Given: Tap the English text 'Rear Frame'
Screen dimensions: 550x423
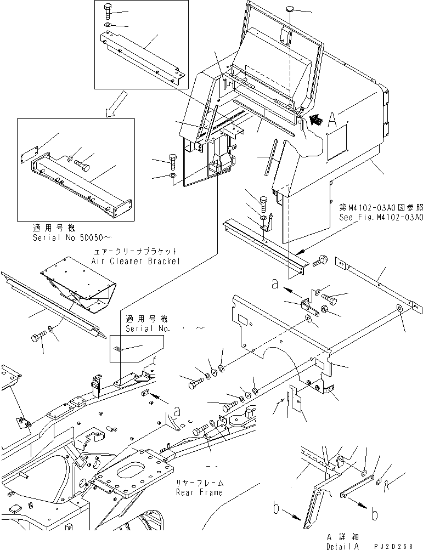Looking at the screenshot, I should pos(199,492).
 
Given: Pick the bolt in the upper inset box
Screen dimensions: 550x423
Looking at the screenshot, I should pos(106,10).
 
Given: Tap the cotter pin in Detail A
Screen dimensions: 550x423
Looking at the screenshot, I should pos(388,484).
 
